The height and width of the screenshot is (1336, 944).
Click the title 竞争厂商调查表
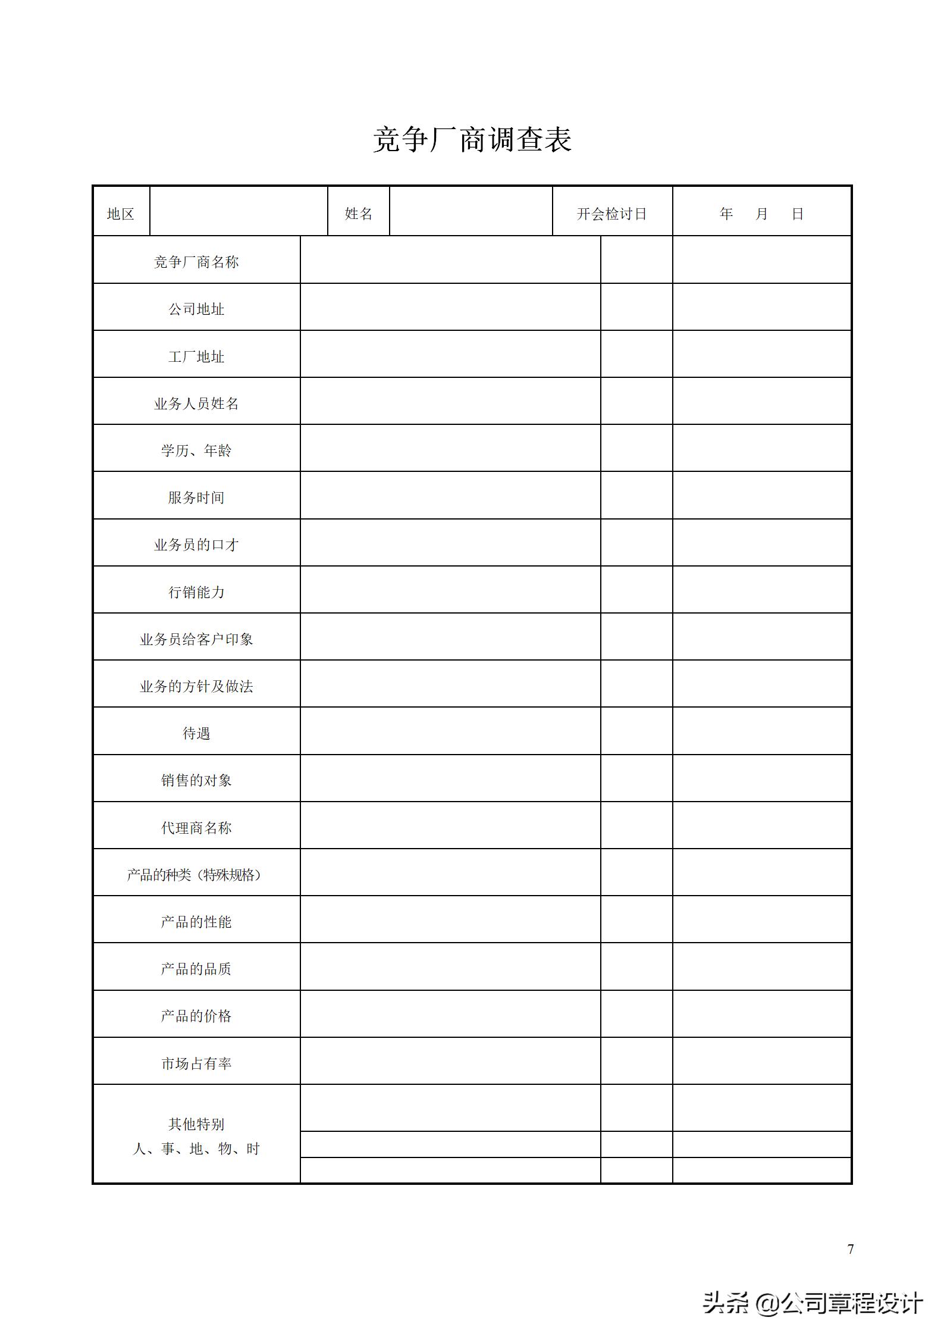click(x=472, y=140)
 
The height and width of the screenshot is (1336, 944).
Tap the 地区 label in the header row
click(x=120, y=214)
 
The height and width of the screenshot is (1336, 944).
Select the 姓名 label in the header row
click(x=359, y=214)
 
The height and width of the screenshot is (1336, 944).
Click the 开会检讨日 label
click(x=611, y=214)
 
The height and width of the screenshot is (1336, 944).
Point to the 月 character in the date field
click(x=761, y=214)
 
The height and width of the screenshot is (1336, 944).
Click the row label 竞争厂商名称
click(x=196, y=262)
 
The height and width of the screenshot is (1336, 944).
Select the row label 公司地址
click(x=196, y=309)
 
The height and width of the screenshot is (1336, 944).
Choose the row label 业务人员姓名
click(x=196, y=404)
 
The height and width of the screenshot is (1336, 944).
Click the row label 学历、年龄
click(x=196, y=451)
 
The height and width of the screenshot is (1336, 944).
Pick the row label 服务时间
click(x=196, y=498)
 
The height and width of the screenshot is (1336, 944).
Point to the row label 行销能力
click(x=196, y=593)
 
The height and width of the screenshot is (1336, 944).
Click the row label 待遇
click(x=196, y=734)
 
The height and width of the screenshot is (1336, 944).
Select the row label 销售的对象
click(x=196, y=781)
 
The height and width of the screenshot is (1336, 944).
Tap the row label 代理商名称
click(x=196, y=828)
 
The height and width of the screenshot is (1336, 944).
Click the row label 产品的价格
click(x=196, y=1016)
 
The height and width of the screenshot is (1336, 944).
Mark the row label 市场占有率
click(x=196, y=1064)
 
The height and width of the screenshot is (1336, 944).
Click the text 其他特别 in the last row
click(x=196, y=1124)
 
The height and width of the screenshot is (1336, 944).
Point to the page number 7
click(x=851, y=1249)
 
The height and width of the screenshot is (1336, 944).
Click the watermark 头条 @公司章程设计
click(x=813, y=1303)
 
